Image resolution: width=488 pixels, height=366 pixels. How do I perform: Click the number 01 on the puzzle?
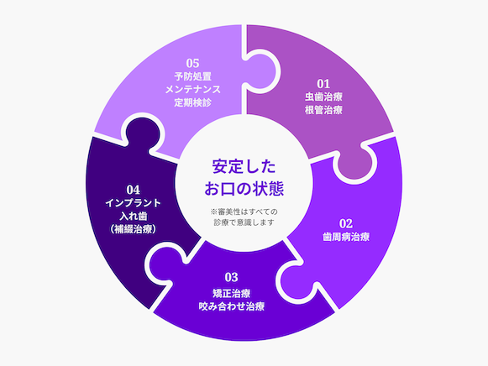pyautogui.click(x=323, y=84)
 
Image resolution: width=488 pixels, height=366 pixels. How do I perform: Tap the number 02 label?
pyautogui.click(x=346, y=223)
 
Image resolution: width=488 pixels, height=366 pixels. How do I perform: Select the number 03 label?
pyautogui.click(x=231, y=277)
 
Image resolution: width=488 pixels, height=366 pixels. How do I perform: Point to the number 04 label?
pyautogui.click(x=134, y=190)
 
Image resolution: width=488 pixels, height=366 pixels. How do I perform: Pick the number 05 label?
pyautogui.click(x=192, y=63)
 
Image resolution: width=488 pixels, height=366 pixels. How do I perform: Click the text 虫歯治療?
pyautogui.click(x=323, y=97)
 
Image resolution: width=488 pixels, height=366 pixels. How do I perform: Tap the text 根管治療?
pyautogui.click(x=323, y=110)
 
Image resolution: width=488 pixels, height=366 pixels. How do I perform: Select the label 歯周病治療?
pyautogui.click(x=346, y=237)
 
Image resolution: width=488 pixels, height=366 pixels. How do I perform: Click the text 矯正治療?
pyautogui.click(x=232, y=293)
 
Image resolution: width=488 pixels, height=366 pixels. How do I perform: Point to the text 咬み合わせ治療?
pyautogui.click(x=232, y=306)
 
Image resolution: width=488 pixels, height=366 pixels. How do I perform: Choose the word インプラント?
pyautogui.click(x=134, y=203)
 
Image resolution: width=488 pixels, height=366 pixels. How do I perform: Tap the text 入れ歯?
pyautogui.click(x=134, y=216)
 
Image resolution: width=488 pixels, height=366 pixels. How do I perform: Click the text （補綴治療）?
pyautogui.click(x=134, y=229)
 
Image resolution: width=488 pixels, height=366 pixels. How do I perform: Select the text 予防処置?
pyautogui.click(x=192, y=76)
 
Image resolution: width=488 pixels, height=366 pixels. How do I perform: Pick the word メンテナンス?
pyautogui.click(x=192, y=90)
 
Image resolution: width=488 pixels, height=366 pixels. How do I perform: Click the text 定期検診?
pyautogui.click(x=192, y=102)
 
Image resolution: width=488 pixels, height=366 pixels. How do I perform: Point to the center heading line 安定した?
pyautogui.click(x=244, y=167)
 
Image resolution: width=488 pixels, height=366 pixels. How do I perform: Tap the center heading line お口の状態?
pyautogui.click(x=244, y=189)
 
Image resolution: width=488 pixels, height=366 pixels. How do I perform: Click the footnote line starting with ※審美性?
pyautogui.click(x=244, y=212)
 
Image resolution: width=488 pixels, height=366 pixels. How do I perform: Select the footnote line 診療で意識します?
pyautogui.click(x=244, y=222)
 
